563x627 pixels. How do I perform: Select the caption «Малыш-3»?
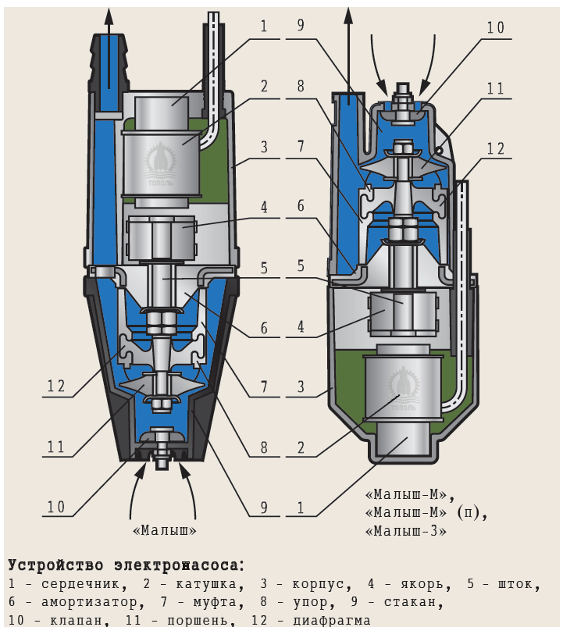pyautogui.click(x=406, y=531)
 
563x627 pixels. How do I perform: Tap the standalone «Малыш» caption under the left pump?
pyautogui.click(x=165, y=530)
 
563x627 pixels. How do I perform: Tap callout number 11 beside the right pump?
pyautogui.click(x=495, y=88)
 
